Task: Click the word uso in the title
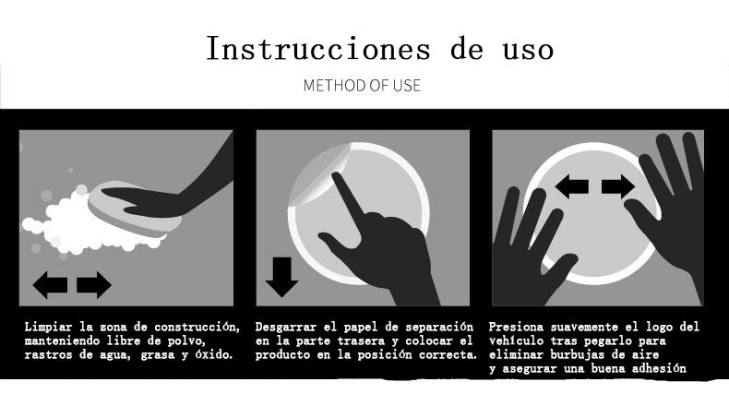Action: [x=521, y=48]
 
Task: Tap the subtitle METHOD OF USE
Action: [x=362, y=86]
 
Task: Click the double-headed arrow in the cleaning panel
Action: [x=72, y=285]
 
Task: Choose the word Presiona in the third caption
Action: [x=518, y=327]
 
